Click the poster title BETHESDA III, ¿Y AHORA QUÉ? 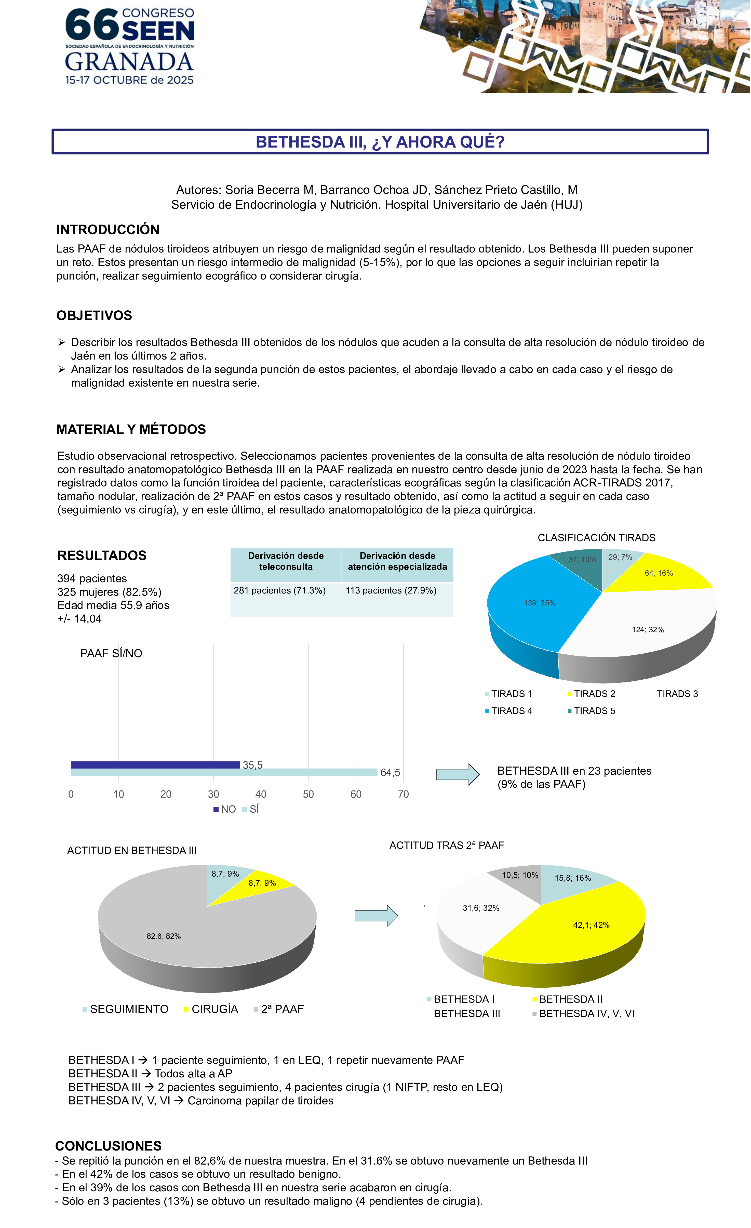tap(380, 142)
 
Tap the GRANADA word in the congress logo tap(129, 62)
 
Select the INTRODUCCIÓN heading tap(108, 230)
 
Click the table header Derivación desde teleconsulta tap(286, 561)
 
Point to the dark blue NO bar tap(155, 765)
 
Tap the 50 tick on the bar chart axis tap(309, 794)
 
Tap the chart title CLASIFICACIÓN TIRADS tap(596, 538)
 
